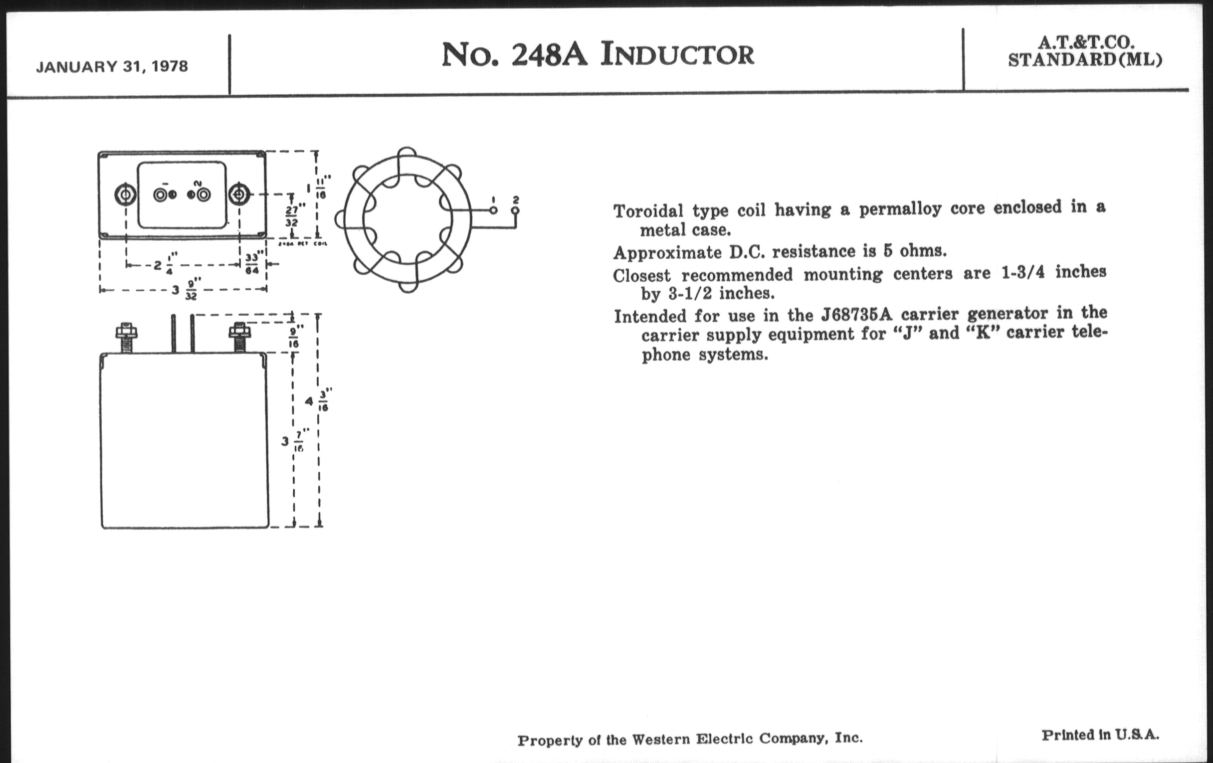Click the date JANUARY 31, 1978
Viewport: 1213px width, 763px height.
point(112,66)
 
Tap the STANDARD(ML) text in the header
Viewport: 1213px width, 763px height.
point(1085,60)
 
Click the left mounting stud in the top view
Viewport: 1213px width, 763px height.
point(124,194)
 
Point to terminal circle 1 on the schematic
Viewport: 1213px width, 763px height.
point(494,210)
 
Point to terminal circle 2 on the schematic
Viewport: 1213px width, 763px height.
point(515,210)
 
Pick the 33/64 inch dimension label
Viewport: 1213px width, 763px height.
point(252,264)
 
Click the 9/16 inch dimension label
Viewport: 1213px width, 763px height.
point(294,338)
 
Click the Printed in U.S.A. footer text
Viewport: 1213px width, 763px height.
point(1100,735)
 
